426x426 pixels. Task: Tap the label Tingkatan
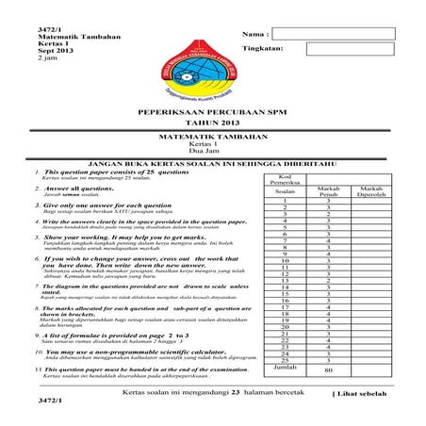tap(265, 47)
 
